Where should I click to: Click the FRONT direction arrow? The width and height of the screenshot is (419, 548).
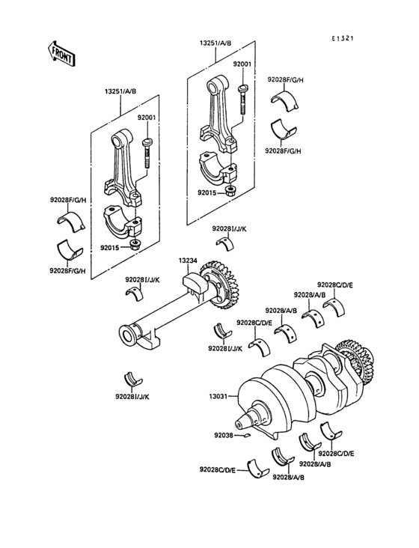pyautogui.click(x=61, y=53)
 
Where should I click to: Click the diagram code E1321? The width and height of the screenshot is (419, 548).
pyautogui.click(x=342, y=38)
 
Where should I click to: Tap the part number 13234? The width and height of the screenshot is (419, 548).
pyautogui.click(x=188, y=261)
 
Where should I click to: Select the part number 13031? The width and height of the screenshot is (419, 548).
pyautogui.click(x=218, y=396)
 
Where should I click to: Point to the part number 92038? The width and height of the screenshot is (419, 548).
pyautogui.click(x=224, y=435)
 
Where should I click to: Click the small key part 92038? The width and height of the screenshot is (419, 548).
pyautogui.click(x=247, y=435)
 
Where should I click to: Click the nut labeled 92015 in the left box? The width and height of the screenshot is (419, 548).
pyautogui.click(x=133, y=245)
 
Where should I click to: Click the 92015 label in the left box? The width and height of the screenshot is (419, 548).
pyautogui.click(x=110, y=248)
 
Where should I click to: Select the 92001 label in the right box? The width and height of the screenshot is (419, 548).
pyautogui.click(x=242, y=64)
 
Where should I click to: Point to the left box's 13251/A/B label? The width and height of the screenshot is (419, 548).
pyautogui.click(x=120, y=91)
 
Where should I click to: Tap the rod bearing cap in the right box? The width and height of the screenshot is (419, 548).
pyautogui.click(x=217, y=169)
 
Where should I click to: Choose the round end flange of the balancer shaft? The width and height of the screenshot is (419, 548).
pyautogui.click(x=127, y=335)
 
